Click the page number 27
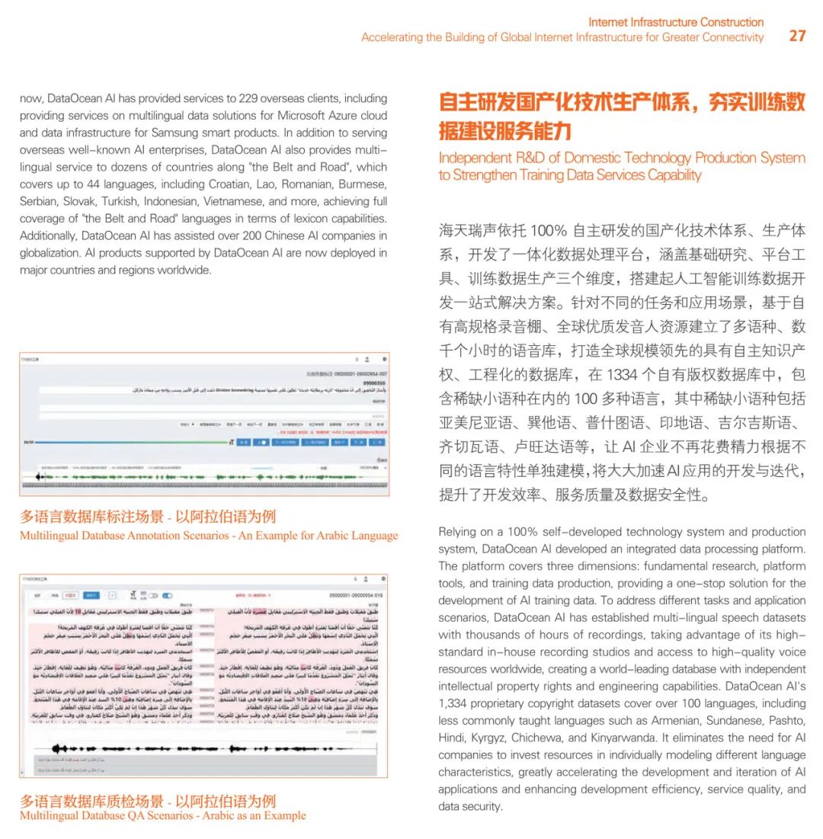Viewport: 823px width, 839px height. click(x=797, y=36)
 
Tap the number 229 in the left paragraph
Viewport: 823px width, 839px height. click(x=238, y=98)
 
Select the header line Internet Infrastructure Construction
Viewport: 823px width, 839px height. click(x=676, y=22)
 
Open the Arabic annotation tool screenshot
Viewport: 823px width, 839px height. click(x=203, y=424)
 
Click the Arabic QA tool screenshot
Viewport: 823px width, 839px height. click(x=203, y=675)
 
